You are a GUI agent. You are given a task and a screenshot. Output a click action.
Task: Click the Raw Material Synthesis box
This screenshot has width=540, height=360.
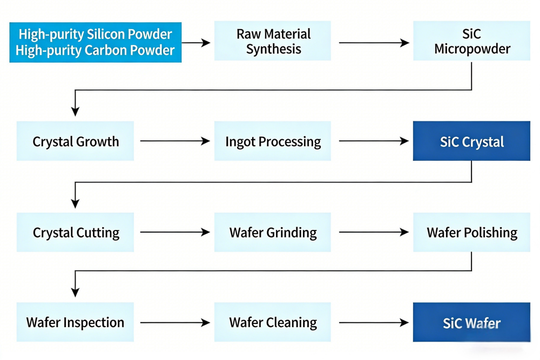click(x=273, y=41)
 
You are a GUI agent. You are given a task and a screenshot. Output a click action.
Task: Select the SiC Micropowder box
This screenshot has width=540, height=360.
click(x=471, y=41)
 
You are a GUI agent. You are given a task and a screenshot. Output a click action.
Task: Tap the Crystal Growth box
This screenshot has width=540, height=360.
click(x=75, y=141)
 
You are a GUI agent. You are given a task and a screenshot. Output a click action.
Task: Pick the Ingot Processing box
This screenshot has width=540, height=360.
click(x=273, y=141)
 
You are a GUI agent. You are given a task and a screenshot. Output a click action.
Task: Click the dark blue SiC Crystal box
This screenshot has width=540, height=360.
click(x=471, y=141)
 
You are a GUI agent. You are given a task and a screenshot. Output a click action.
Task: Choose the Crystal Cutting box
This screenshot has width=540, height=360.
click(x=75, y=233)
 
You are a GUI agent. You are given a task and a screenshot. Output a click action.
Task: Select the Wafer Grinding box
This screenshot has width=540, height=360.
click(x=273, y=233)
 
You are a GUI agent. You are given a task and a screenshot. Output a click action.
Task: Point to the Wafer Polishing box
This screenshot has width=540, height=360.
click(x=471, y=233)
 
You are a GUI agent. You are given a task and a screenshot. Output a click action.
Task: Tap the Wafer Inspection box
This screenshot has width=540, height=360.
click(x=75, y=323)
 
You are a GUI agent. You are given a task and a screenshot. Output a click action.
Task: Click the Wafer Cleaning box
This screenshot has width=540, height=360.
click(x=273, y=323)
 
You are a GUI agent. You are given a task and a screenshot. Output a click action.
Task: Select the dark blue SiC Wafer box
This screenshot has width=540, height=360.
click(x=471, y=323)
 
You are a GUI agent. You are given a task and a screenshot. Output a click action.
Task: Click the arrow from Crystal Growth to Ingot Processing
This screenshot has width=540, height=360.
click(x=174, y=141)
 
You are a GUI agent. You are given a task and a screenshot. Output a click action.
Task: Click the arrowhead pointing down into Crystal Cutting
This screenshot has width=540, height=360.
click(x=75, y=203)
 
